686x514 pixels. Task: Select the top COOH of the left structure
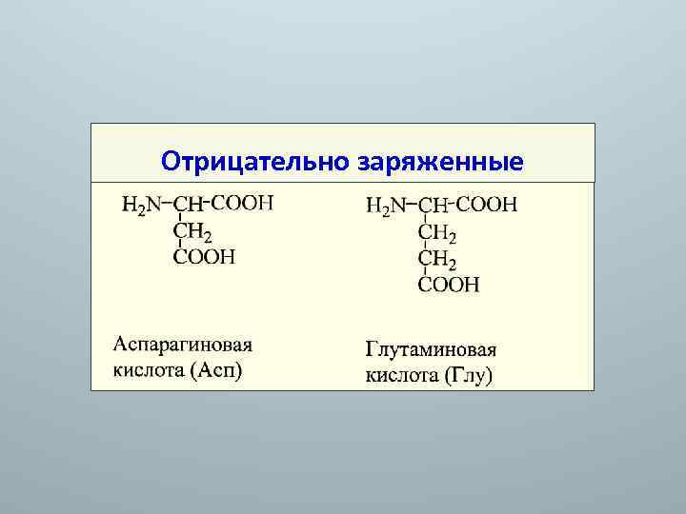(241, 202)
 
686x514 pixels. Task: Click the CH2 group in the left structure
(192, 230)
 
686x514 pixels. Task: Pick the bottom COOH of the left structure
(204, 256)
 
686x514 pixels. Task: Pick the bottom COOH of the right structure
(450, 285)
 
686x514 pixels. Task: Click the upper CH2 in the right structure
(437, 232)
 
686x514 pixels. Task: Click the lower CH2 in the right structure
(437, 259)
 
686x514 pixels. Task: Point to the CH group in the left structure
(190, 204)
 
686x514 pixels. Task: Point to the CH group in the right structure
(434, 205)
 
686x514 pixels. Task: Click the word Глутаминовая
(432, 349)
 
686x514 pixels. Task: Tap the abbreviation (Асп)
(215, 369)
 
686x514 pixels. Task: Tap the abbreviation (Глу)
(468, 375)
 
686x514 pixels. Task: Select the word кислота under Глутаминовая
(401, 375)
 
